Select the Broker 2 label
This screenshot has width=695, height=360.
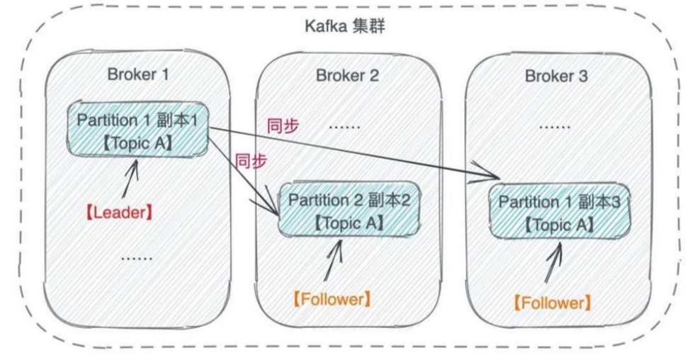347,76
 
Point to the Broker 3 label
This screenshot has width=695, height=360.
556,76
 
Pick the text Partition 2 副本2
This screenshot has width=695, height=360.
349,200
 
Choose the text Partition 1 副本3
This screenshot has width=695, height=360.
560,203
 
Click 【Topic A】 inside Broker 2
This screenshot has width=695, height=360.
349,223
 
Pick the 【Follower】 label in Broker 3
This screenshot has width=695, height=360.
551,303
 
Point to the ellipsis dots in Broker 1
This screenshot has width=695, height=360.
136,257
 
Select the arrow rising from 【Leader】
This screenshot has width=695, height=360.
132,181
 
